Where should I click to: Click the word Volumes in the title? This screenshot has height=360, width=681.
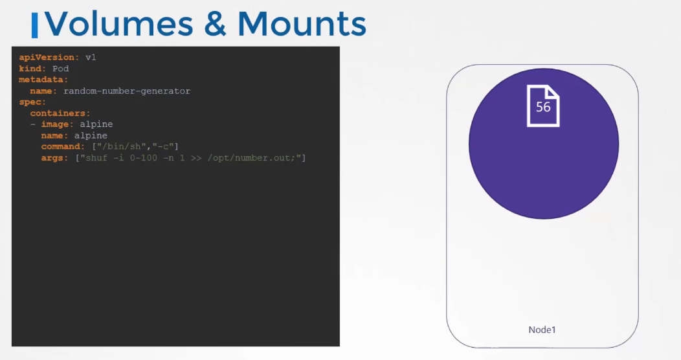(x=118, y=24)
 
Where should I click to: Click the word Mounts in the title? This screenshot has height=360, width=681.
(x=302, y=24)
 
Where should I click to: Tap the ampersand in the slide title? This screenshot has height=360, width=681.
(x=216, y=24)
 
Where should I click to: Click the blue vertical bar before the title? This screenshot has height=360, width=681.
(x=35, y=25)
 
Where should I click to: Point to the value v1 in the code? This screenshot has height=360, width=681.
(x=91, y=58)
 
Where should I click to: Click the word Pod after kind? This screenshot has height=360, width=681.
(x=60, y=69)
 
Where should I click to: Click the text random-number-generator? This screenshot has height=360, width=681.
(x=127, y=91)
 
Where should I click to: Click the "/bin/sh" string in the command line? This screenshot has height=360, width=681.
(x=122, y=147)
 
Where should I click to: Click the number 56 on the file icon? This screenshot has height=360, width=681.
(x=543, y=107)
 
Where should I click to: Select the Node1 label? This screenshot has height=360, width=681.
(x=542, y=330)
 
